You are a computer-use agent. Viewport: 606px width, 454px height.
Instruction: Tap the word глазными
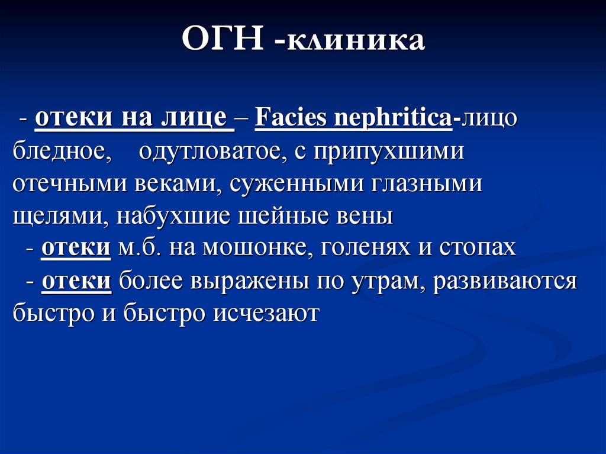click(427, 184)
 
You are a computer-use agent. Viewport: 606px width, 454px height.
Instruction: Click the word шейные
click(269, 217)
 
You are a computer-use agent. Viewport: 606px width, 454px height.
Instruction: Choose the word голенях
click(366, 248)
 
